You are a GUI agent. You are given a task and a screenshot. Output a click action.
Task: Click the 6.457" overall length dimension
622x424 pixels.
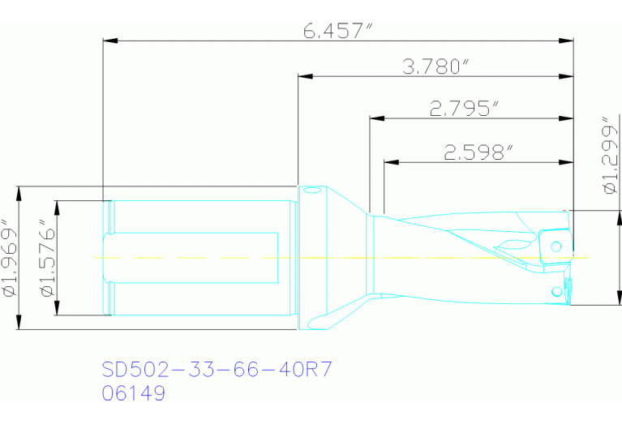337,31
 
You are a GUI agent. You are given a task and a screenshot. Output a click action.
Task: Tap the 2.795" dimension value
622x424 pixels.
464,108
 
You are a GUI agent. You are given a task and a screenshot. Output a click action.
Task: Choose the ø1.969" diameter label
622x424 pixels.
9,258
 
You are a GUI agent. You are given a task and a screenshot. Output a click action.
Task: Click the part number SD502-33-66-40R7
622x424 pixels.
217,370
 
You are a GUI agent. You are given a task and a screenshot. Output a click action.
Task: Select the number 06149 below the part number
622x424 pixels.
134,394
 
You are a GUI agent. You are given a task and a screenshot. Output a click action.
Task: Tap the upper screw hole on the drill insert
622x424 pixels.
556,245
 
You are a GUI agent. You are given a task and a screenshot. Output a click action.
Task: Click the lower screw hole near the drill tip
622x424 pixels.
556,290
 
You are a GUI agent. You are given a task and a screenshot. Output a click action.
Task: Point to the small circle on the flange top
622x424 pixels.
311,191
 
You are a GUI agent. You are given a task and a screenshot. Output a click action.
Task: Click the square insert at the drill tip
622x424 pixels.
553,246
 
